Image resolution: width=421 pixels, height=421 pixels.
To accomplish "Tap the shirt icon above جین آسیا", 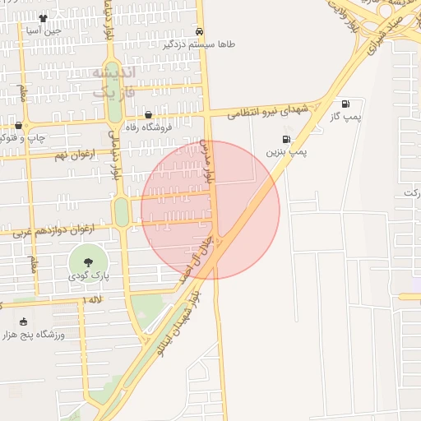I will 43,16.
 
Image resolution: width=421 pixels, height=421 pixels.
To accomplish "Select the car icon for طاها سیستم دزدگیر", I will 200,30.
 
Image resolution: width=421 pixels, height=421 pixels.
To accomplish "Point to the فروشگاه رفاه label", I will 146,127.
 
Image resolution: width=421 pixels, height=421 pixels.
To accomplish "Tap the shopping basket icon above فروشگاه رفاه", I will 148,114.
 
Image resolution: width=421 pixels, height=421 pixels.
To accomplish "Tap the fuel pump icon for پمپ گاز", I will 345,104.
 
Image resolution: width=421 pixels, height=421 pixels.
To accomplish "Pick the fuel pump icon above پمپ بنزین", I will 285,139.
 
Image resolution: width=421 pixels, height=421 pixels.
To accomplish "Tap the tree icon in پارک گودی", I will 88,261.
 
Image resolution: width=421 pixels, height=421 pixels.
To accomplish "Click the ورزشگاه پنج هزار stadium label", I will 33,334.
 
